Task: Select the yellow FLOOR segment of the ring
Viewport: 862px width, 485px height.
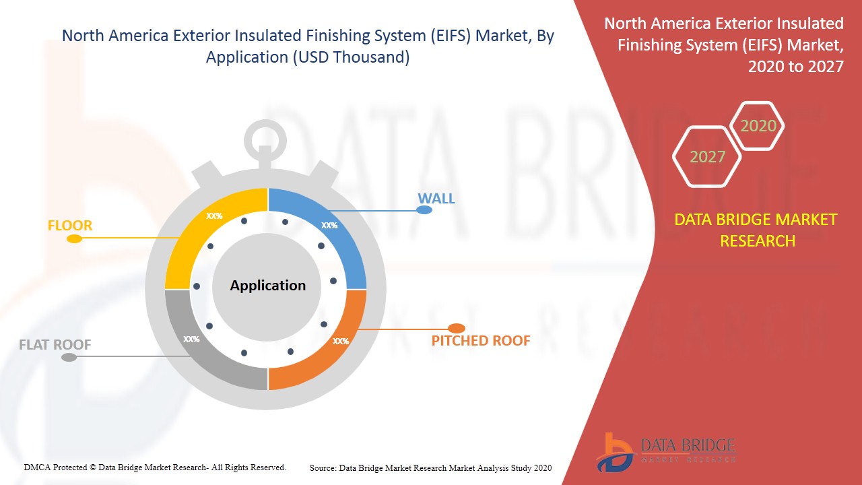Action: [193, 231]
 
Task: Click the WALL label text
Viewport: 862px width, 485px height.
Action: [436, 199]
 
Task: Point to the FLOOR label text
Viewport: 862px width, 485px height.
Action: [70, 226]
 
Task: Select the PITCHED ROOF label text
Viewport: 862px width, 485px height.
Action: [481, 341]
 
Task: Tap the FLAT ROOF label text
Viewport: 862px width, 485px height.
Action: [55, 344]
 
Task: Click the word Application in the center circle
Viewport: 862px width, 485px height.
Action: [268, 285]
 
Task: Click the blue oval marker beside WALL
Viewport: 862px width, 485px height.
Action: [424, 209]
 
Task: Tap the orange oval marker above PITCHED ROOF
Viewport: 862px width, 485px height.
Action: [457, 328]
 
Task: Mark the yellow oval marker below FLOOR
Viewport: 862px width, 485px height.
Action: [74, 239]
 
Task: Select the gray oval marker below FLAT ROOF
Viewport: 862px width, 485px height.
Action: [69, 358]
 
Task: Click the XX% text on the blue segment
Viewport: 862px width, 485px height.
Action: [329, 226]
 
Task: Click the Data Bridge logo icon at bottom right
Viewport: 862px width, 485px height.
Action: [615, 453]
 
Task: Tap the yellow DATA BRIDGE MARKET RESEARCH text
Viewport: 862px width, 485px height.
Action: [756, 230]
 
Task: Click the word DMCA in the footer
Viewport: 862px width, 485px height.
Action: [36, 467]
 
